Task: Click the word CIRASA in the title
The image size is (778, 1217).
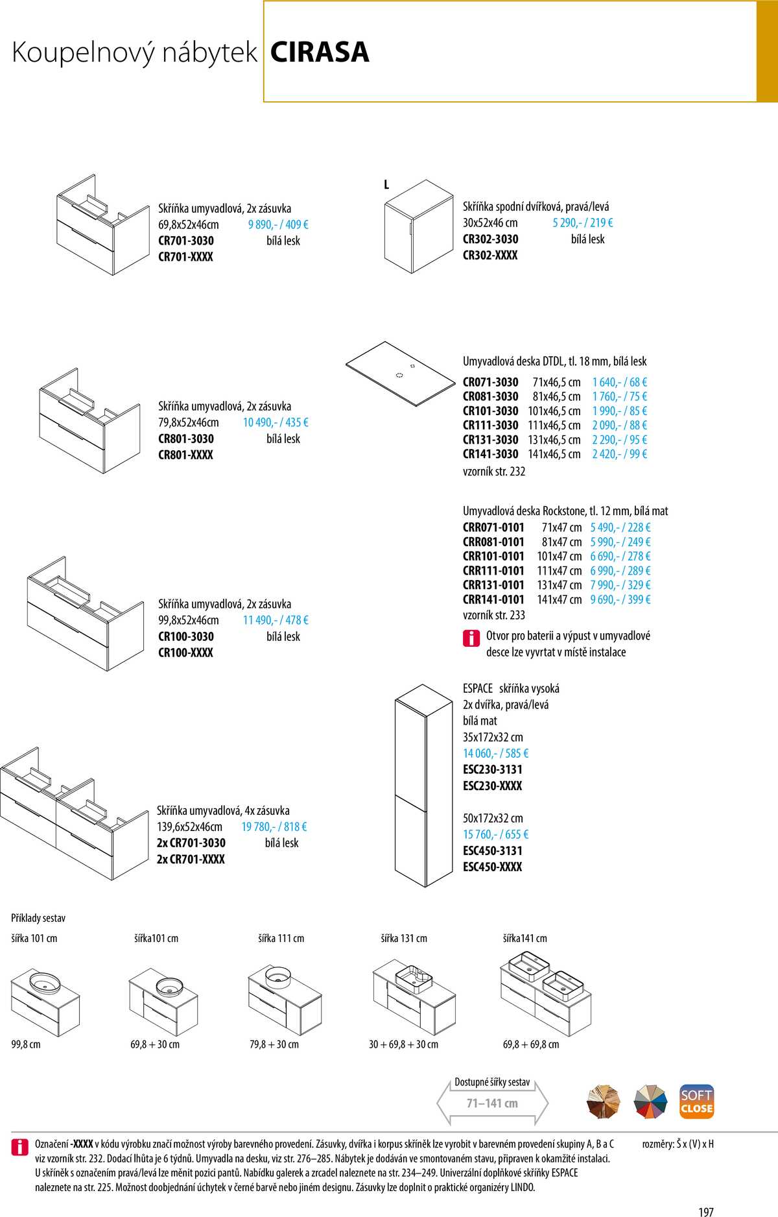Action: tap(320, 53)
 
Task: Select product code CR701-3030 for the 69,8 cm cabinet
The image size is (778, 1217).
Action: tap(186, 241)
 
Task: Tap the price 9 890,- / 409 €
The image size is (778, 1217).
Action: tap(278, 224)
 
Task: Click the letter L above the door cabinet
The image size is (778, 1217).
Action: tap(386, 185)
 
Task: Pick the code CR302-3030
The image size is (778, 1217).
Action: tap(490, 239)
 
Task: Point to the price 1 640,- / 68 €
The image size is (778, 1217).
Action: tap(619, 382)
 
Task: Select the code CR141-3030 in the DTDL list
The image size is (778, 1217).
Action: tap(490, 454)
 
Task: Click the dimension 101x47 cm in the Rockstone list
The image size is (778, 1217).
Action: tap(559, 556)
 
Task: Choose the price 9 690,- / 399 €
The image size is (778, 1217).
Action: tap(620, 599)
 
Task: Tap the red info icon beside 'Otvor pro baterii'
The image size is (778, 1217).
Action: tap(471, 638)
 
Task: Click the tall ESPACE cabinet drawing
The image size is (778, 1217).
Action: tap(423, 785)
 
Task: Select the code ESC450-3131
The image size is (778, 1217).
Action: tap(492, 850)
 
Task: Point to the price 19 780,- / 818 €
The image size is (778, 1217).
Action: tap(274, 826)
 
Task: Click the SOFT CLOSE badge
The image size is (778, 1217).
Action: tap(696, 1102)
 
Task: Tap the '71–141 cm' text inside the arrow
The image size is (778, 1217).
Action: tap(492, 1103)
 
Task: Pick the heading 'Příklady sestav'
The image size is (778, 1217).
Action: tap(38, 918)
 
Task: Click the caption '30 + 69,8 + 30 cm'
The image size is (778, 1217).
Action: tap(403, 1044)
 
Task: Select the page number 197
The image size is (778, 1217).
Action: tap(706, 1211)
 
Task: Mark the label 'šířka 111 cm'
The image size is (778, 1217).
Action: tap(281, 938)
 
